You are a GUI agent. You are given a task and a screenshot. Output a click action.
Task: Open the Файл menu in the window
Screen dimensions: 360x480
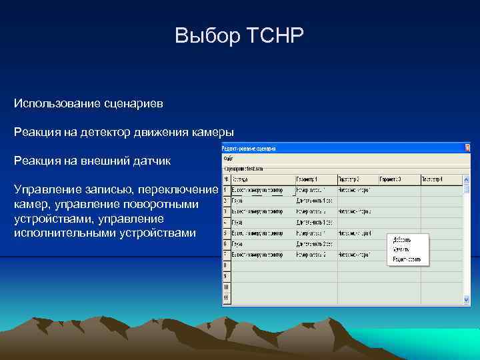pos(228,159)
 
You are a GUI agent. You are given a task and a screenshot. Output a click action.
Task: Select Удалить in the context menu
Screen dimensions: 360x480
pos(400,249)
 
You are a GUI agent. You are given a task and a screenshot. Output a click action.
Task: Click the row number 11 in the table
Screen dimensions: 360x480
pos(226,297)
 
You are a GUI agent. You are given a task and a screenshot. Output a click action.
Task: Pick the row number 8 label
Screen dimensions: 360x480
pos(226,265)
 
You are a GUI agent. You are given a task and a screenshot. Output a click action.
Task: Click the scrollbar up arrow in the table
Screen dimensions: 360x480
pos(466,179)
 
